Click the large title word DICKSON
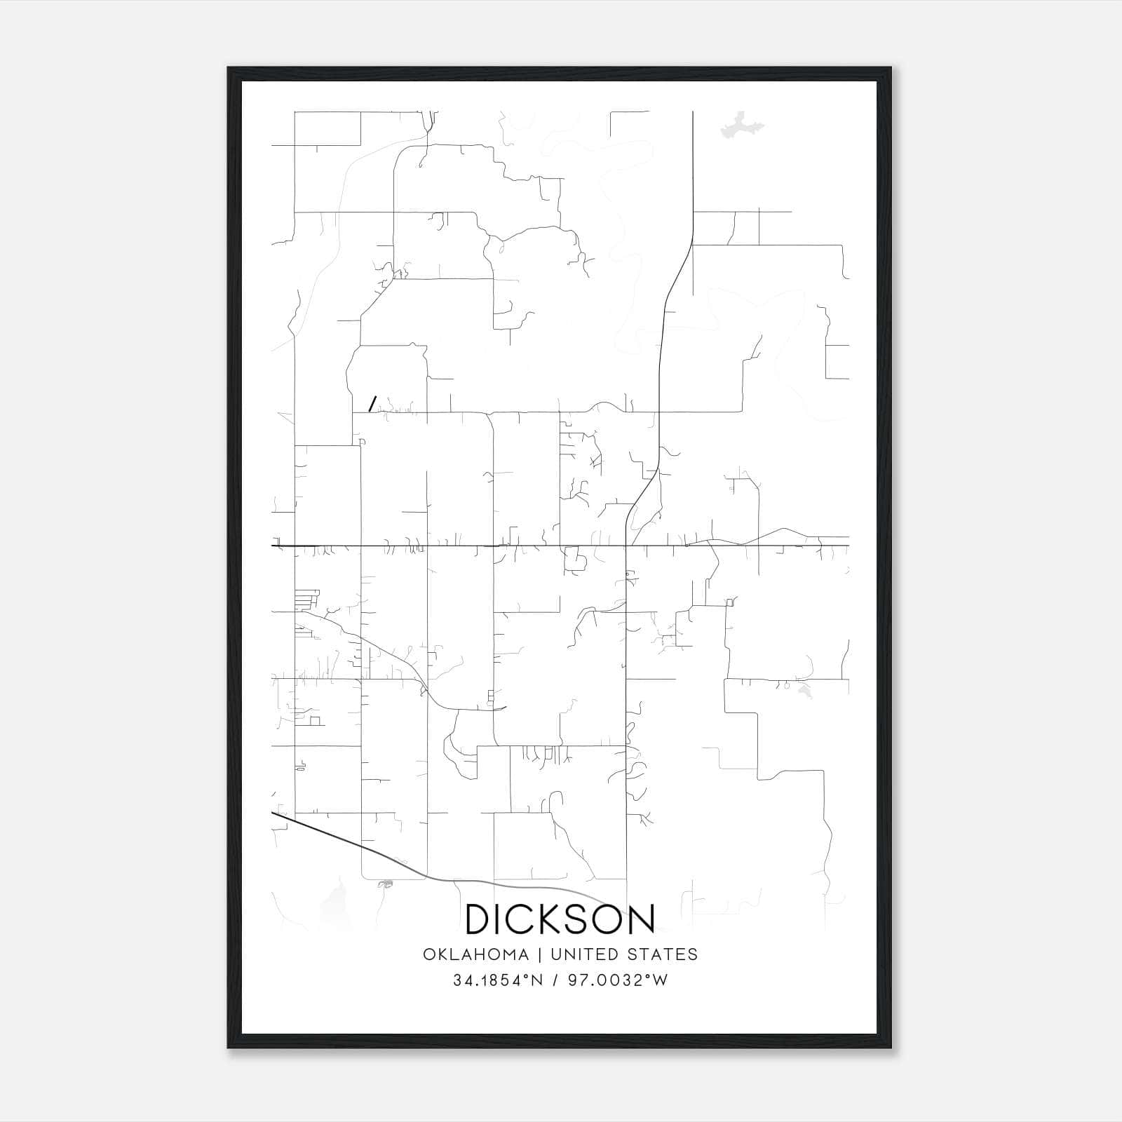tap(560, 919)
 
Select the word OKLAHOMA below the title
tap(475, 954)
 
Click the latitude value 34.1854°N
tap(499, 980)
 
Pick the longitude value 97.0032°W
tap(618, 980)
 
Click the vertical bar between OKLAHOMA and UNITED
tap(540, 954)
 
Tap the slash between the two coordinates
tap(556, 980)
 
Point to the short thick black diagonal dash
tap(373, 403)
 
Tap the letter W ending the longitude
tap(660, 980)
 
